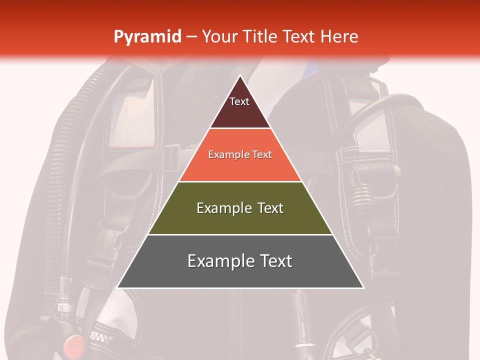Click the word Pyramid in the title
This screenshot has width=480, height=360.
[x=147, y=37]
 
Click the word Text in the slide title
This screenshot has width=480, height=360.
[x=299, y=37]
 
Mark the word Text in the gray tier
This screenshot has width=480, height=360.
[x=276, y=261]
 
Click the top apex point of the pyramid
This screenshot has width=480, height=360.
[x=240, y=76]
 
